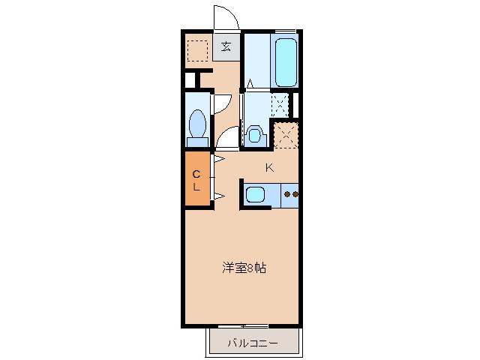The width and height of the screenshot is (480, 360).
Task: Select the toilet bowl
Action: pyautogui.click(x=199, y=121)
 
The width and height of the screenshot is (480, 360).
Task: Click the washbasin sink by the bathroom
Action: pyautogui.click(x=254, y=136)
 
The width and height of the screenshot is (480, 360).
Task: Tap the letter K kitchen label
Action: pyautogui.click(x=268, y=168)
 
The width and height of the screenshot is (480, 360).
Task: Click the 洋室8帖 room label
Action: pyautogui.click(x=242, y=267)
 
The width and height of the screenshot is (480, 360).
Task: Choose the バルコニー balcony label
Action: pyautogui.click(x=253, y=343)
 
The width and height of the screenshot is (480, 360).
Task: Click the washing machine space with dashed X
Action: pyautogui.click(x=280, y=103)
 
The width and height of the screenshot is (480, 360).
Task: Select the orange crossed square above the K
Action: pyautogui.click(x=286, y=135)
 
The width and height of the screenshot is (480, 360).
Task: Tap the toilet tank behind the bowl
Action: pyautogui.click(x=198, y=140)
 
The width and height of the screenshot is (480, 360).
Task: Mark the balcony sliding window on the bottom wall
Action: pyautogui.click(x=243, y=326)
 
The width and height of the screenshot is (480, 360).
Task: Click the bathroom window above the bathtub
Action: pyautogui.click(x=285, y=31)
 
